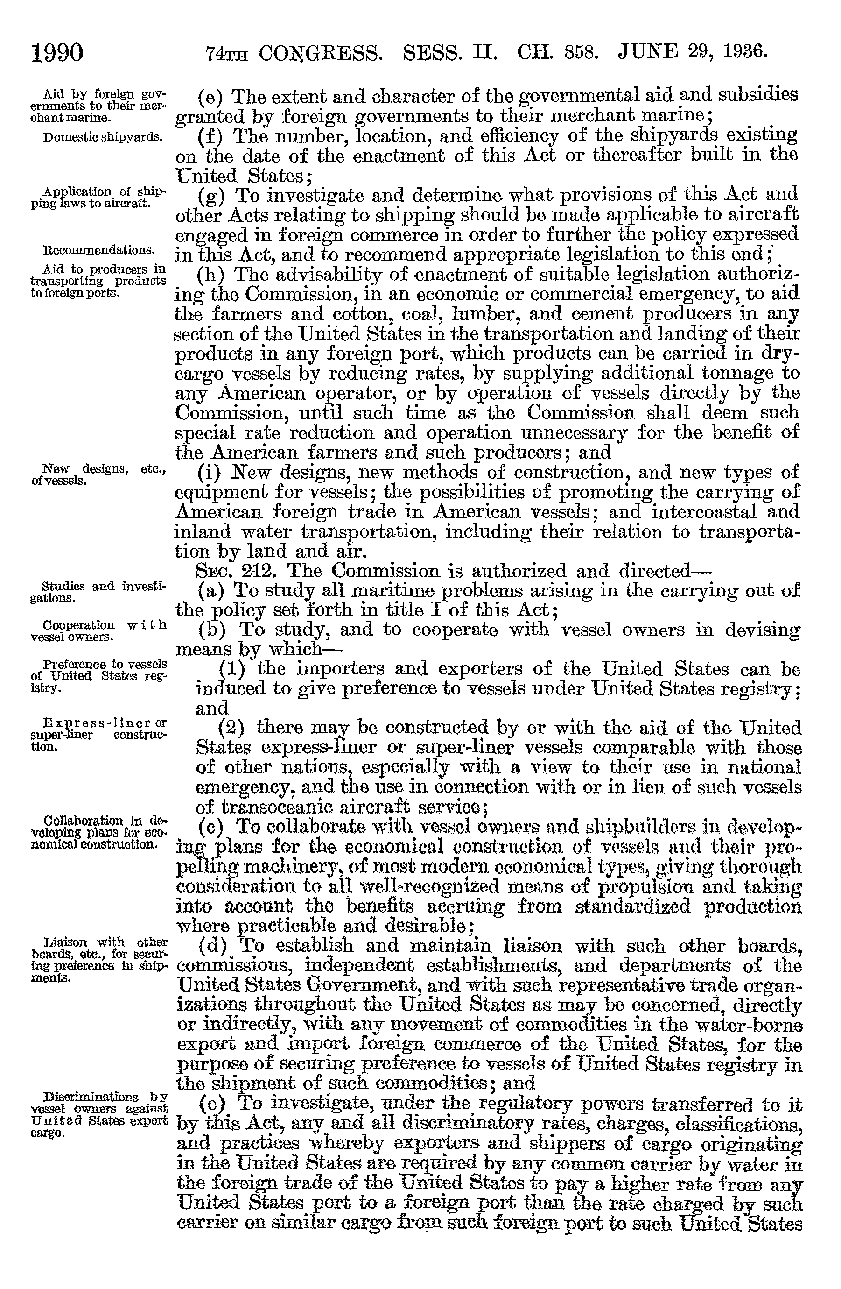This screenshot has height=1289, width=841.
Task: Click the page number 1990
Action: coord(58,54)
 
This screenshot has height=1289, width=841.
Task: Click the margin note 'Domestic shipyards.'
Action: coord(102,136)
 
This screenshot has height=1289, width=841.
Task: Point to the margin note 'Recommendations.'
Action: coord(98,250)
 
